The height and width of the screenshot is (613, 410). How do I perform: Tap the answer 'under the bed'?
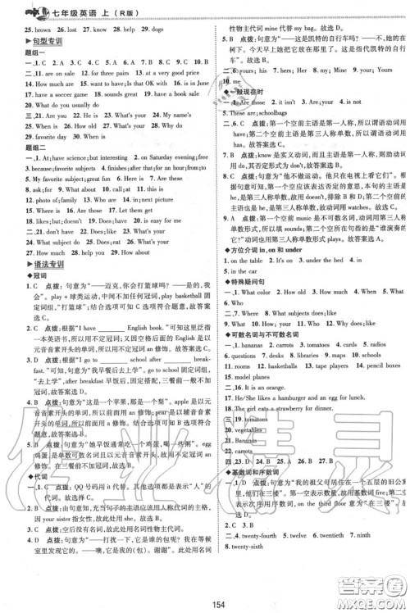click(x=315, y=260)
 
